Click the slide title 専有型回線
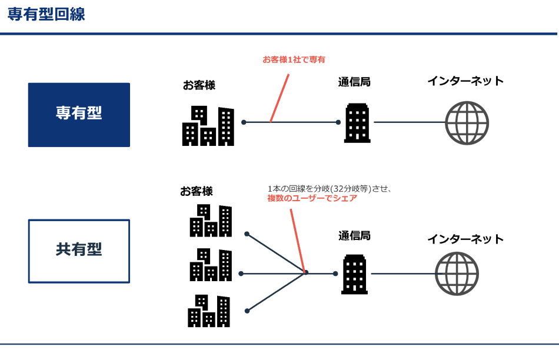pyautogui.click(x=46, y=14)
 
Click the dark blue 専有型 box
pyautogui.click(x=79, y=115)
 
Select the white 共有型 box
pyautogui.click(x=79, y=251)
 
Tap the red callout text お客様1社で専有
pyautogui.click(x=294, y=59)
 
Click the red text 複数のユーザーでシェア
pyautogui.click(x=312, y=198)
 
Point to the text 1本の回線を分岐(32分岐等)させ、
pyautogui.click(x=330, y=188)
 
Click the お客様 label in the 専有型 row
pyautogui.click(x=199, y=85)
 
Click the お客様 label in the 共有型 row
pyautogui.click(x=197, y=191)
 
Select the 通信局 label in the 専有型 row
pyautogui.click(x=354, y=82)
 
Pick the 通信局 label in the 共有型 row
pyautogui.click(x=354, y=236)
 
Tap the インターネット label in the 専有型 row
pyautogui.click(x=465, y=81)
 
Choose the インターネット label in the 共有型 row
pyautogui.click(x=465, y=239)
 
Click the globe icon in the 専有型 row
pyautogui.click(x=467, y=123)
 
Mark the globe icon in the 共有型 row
pyautogui.click(x=457, y=274)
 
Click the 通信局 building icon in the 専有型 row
pyautogui.click(x=357, y=123)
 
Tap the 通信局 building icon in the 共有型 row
pyautogui.click(x=354, y=274)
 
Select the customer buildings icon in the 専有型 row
pyautogui.click(x=208, y=126)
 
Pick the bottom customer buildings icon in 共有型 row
pyautogui.click(x=209, y=311)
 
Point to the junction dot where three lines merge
pyautogui.click(x=305, y=272)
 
